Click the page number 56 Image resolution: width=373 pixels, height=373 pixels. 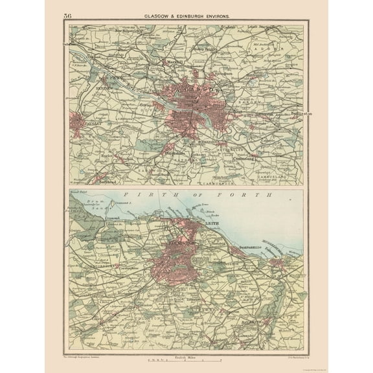click(68, 15)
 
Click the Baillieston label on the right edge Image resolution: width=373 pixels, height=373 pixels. click(298, 112)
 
